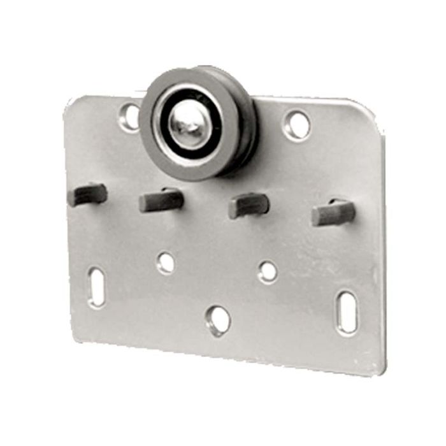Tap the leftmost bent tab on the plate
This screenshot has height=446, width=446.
coord(88,194)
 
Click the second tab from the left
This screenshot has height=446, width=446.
coord(161,200)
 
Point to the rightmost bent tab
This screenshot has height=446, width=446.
coord(333,213)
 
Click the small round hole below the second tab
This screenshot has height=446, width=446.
coord(166,261)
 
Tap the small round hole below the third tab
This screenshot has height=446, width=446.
coord(268,271)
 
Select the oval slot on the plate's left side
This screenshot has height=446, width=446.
coord(97,287)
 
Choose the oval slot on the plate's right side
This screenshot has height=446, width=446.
coord(347,312)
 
